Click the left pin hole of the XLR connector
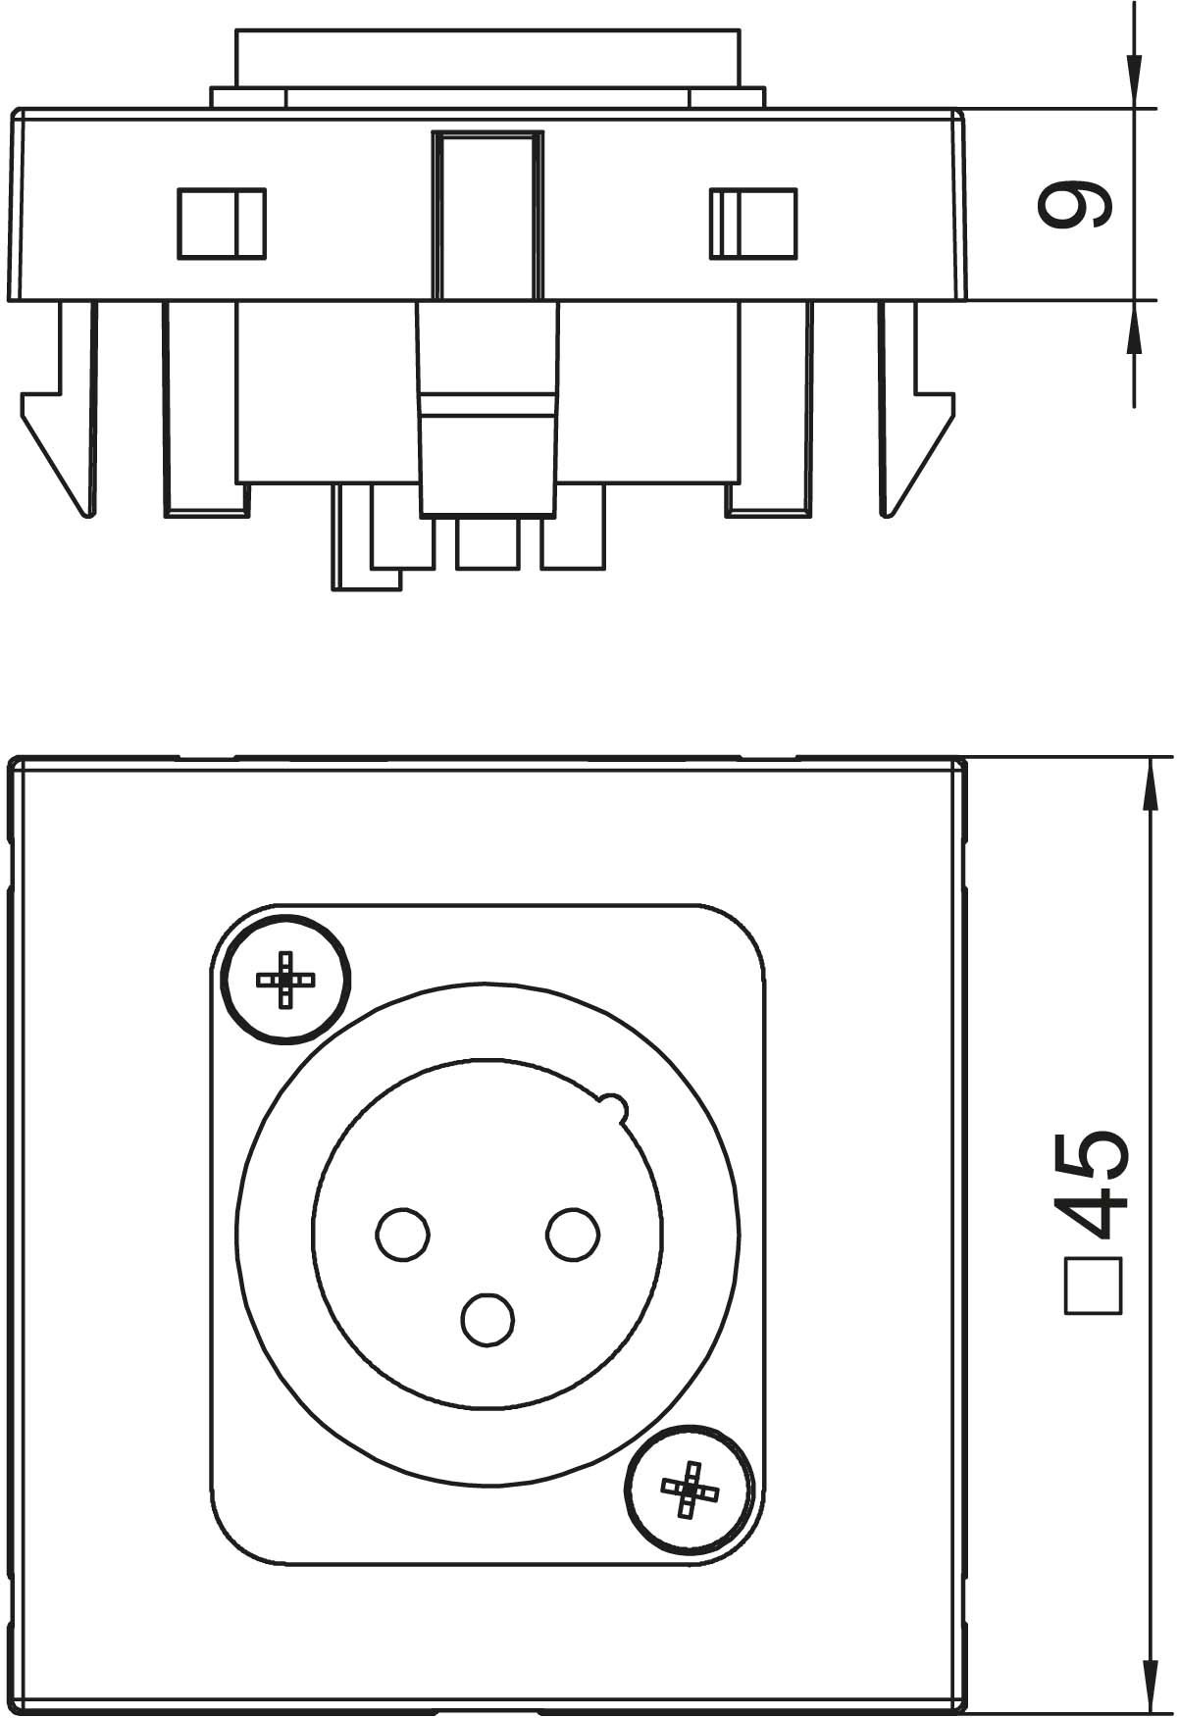(403, 1234)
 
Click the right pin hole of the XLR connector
(573, 1234)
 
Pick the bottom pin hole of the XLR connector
(487, 1319)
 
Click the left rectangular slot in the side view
(222, 224)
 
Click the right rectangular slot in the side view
(753, 224)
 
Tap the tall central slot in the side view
(487, 215)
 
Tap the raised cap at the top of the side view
(487, 59)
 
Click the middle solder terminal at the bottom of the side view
(487, 542)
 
